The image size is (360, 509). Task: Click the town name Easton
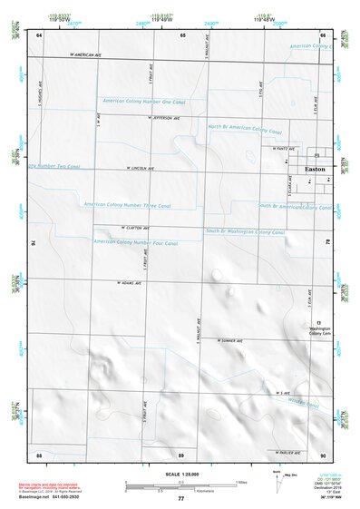pyautogui.click(x=315, y=169)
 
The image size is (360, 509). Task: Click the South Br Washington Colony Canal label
pyautogui.click(x=244, y=232)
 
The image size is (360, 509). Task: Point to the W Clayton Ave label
pyautogui.click(x=132, y=227)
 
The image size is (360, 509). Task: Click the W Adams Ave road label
pyautogui.click(x=131, y=282)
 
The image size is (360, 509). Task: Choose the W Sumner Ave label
pyautogui.click(x=232, y=339)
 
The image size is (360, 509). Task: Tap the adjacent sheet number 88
pyautogui.click(x=39, y=453)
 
